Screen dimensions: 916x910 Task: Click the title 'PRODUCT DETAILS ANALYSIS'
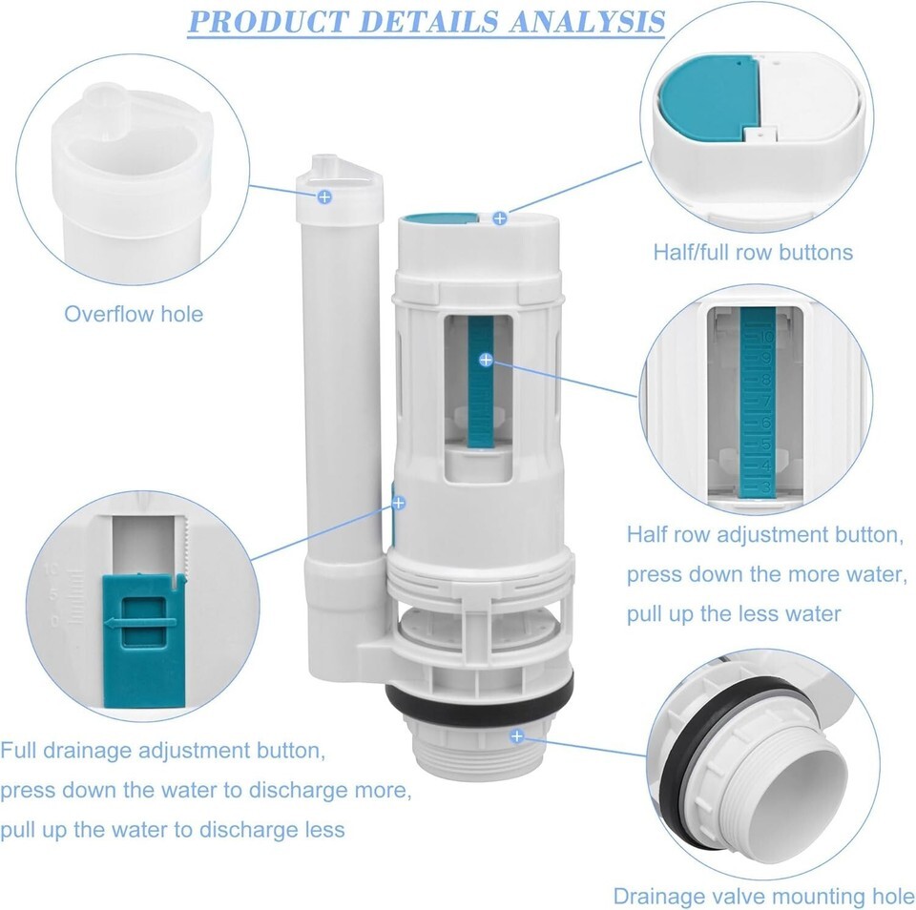tap(427, 22)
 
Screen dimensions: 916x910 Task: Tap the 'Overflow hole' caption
tap(134, 314)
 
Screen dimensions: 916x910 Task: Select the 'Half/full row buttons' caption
tap(753, 253)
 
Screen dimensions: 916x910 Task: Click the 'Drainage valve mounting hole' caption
tap(763, 896)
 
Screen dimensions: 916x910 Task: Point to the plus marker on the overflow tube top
tap(324, 196)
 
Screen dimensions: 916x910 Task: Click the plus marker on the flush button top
tap(499, 218)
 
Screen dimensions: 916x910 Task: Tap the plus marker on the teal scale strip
tap(486, 360)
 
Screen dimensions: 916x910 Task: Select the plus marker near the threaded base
tap(517, 736)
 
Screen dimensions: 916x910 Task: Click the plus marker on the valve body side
tap(399, 503)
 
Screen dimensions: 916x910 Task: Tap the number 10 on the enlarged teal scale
tap(766, 337)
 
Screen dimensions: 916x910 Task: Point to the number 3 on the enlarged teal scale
tap(766, 486)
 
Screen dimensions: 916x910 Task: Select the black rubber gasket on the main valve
tap(479, 701)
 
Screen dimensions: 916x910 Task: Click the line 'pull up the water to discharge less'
tap(173, 830)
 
